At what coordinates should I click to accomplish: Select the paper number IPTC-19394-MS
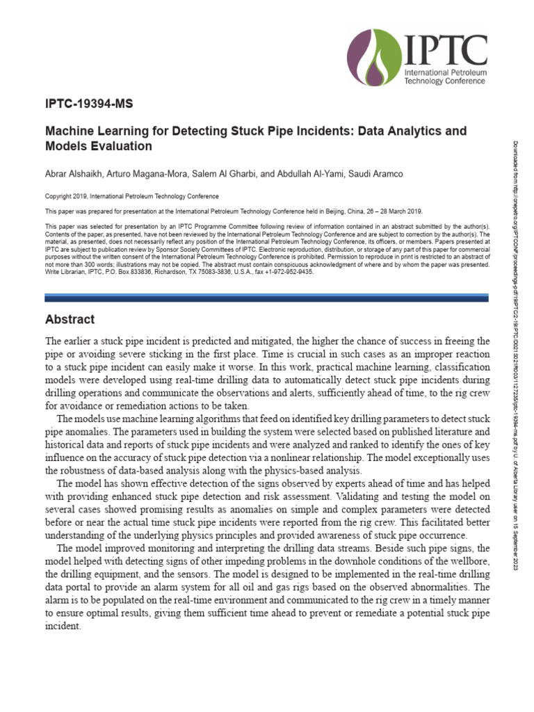(x=88, y=105)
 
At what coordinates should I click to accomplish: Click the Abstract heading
(x=70, y=320)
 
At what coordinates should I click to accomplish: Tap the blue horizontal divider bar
(x=268, y=297)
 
